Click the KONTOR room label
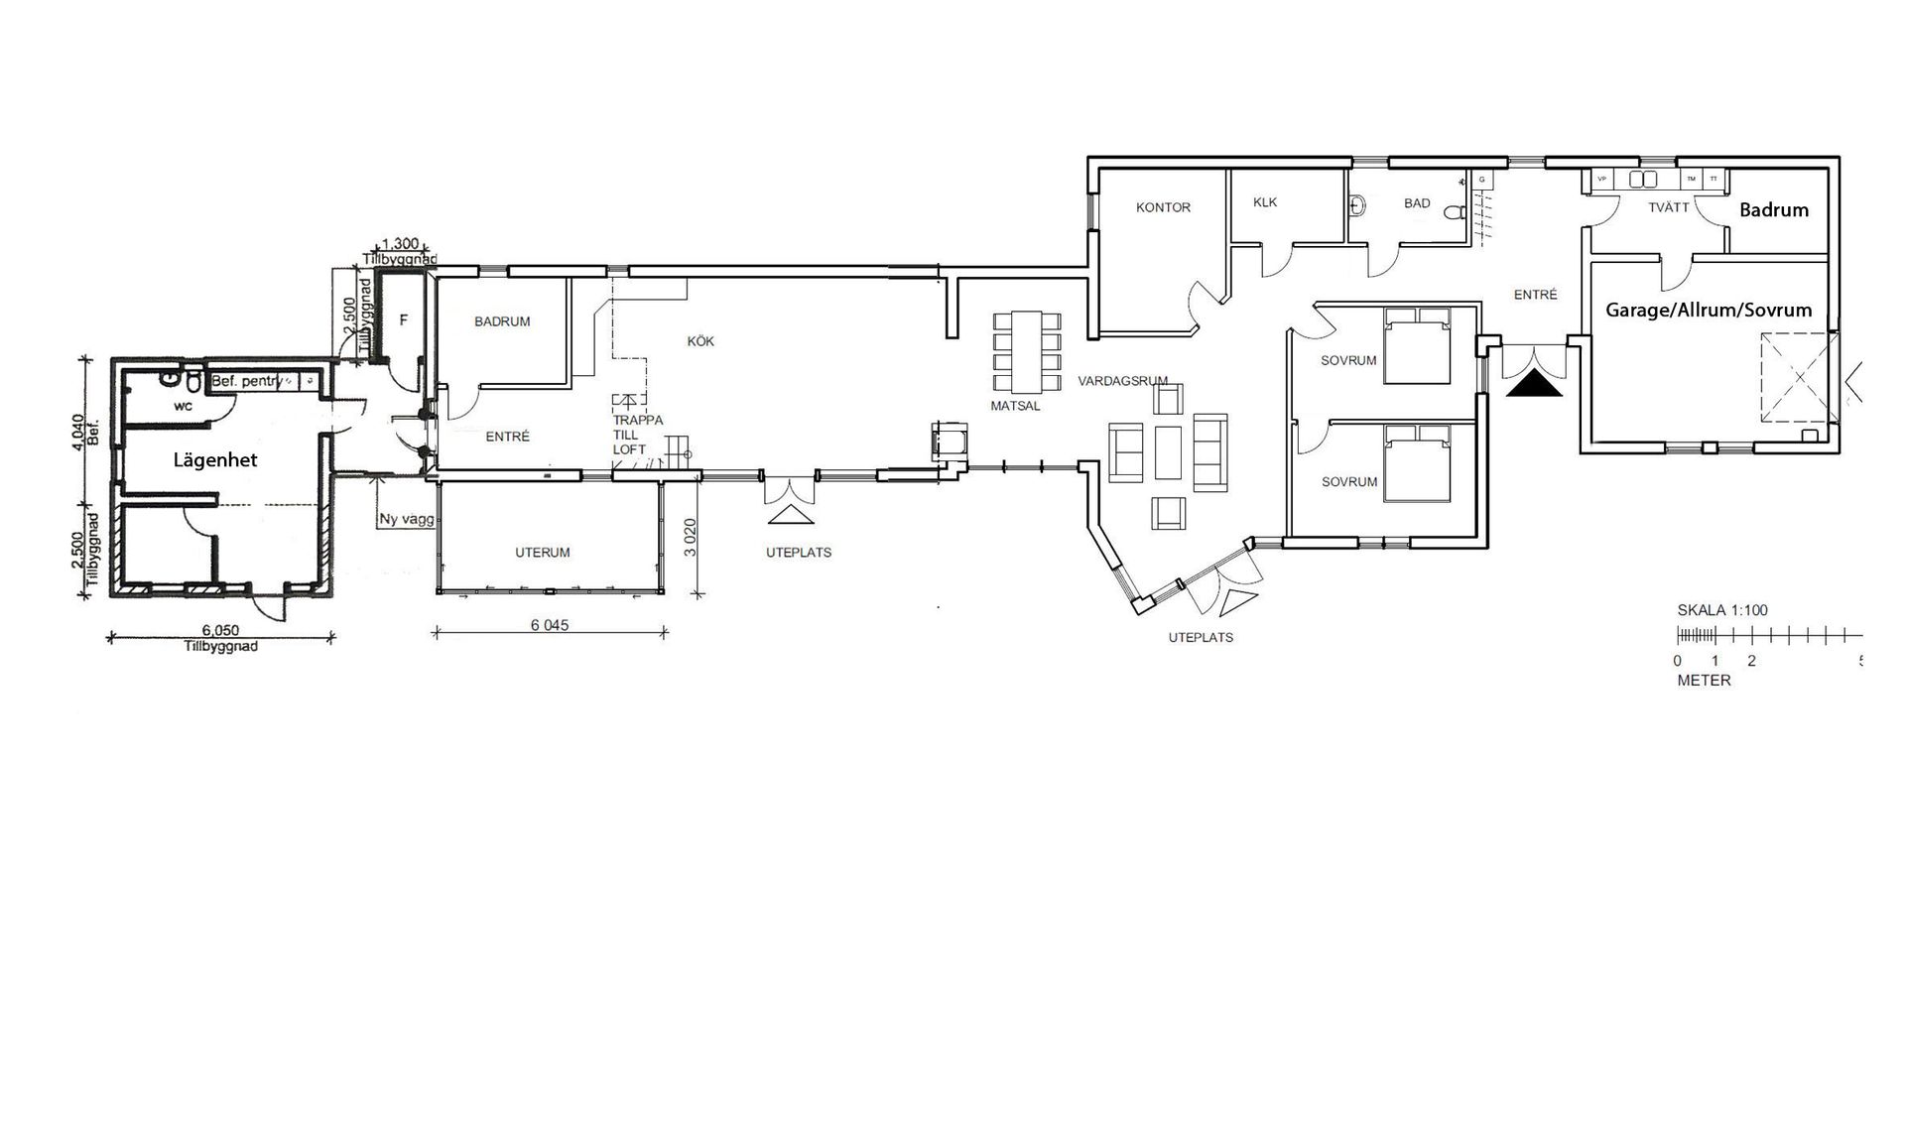click(x=1163, y=207)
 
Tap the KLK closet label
click(x=1265, y=202)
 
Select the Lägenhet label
click(x=215, y=460)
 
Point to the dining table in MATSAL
click(x=1028, y=352)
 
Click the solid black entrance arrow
click(x=1534, y=384)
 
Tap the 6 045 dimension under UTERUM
click(x=549, y=625)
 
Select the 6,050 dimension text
click(x=220, y=630)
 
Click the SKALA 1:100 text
click(x=1722, y=610)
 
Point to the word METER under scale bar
click(x=1704, y=681)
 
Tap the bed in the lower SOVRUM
click(x=1417, y=462)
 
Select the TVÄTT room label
click(x=1668, y=207)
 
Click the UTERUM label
click(x=543, y=553)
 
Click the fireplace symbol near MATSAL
click(x=948, y=440)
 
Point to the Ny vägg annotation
click(x=406, y=519)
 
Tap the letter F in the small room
click(x=403, y=320)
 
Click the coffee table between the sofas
click(x=1168, y=451)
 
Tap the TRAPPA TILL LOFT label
click(x=636, y=435)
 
